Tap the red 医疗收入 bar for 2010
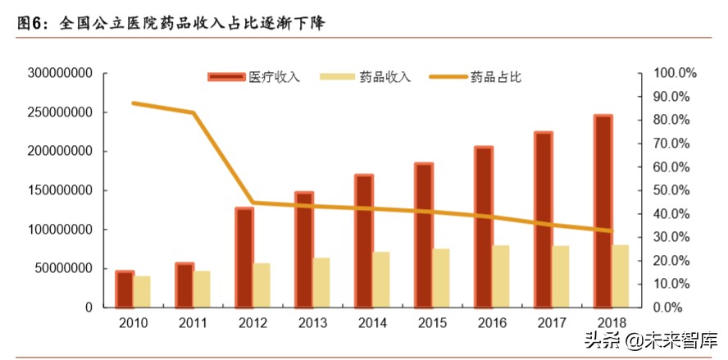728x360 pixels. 125,289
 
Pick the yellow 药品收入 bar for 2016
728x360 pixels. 501,276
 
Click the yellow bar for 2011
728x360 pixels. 202,289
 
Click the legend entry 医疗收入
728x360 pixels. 254,77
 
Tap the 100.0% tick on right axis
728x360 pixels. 674,73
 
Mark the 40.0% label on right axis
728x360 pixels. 674,214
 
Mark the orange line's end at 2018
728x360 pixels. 611,231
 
